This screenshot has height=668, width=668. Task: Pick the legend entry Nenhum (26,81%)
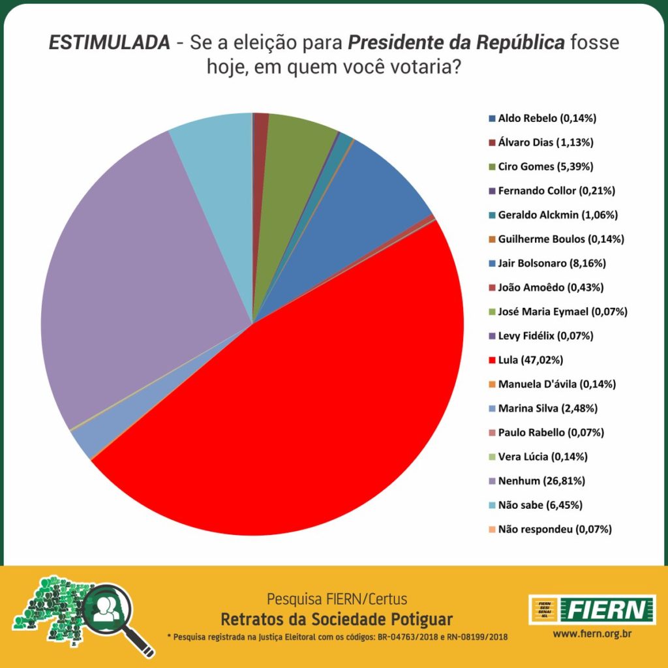point(541,481)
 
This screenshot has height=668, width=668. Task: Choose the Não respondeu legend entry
point(554,529)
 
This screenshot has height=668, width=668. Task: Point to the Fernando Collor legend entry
point(556,191)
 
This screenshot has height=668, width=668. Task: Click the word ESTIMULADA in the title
point(108,44)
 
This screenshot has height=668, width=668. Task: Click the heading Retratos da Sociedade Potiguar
point(337,618)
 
